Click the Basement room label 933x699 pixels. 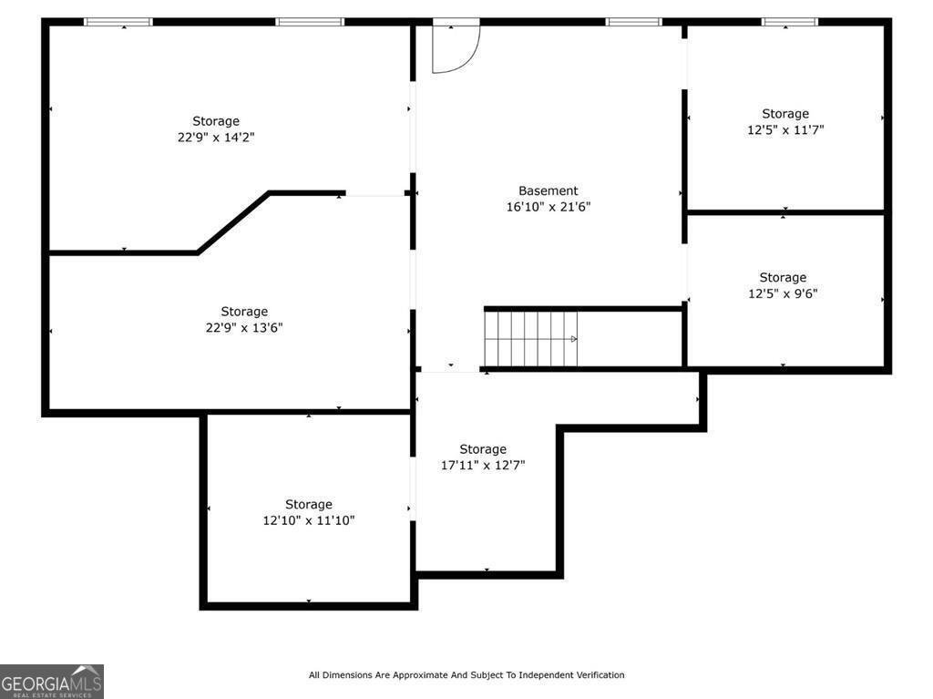[548, 190]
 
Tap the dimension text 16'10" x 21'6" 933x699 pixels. [548, 207]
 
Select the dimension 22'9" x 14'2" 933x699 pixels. [216, 137]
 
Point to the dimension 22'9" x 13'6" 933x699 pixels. [244, 327]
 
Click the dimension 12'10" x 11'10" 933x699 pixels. [309, 520]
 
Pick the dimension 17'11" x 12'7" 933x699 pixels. [483, 465]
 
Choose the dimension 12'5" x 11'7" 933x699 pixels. [785, 129]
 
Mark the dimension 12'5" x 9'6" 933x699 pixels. [783, 293]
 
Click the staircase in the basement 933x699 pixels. [530, 339]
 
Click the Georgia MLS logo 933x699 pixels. [52, 681]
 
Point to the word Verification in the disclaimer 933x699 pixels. [599, 674]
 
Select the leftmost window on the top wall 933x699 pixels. [118, 22]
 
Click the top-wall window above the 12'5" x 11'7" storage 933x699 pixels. [790, 22]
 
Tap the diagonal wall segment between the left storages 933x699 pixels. [233, 222]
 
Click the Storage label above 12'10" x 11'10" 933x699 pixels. [309, 504]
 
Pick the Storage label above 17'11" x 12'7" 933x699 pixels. [483, 449]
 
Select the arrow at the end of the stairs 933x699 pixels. [574, 339]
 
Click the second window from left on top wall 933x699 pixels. [310, 22]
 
